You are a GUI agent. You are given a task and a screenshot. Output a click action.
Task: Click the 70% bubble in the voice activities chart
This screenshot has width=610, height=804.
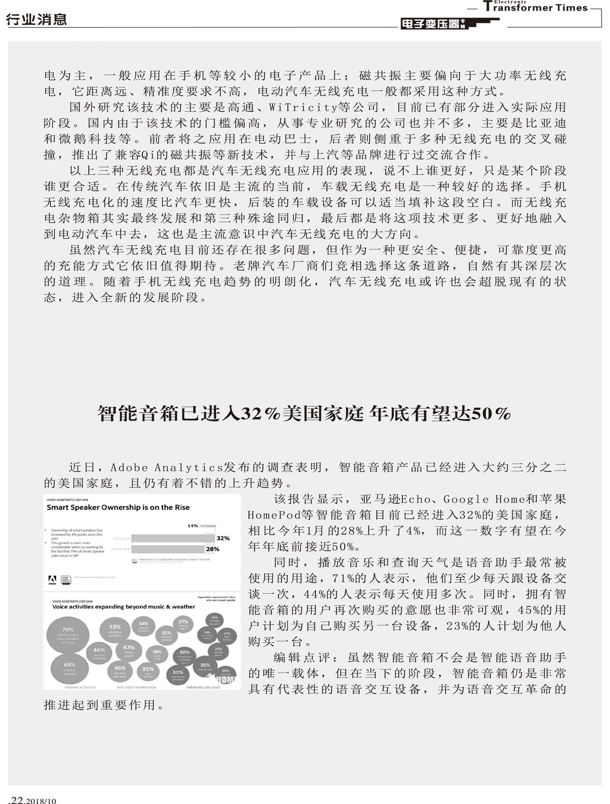[68, 635]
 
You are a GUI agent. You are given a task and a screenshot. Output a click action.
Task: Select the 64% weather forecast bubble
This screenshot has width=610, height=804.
[69, 668]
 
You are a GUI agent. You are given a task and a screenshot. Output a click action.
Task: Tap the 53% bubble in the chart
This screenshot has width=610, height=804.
[115, 630]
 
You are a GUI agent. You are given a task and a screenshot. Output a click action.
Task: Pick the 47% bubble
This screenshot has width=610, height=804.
[129, 650]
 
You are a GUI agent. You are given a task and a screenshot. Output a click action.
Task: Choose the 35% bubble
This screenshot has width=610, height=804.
[148, 671]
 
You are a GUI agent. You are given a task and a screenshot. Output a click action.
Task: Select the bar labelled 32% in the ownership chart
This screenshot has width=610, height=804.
[173, 538]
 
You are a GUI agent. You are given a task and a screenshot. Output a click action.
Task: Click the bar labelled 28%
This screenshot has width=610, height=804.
[168, 549]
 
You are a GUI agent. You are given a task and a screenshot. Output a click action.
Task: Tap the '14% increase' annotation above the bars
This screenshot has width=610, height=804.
[202, 526]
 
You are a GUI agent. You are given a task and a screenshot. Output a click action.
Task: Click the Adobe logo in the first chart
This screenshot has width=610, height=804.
[52, 580]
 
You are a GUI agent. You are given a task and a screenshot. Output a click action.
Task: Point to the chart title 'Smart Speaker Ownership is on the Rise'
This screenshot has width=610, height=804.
[118, 508]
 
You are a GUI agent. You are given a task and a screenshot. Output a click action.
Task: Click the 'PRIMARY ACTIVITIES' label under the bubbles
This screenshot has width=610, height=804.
[80, 687]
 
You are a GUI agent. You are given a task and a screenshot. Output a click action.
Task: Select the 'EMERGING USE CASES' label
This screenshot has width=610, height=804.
[203, 687]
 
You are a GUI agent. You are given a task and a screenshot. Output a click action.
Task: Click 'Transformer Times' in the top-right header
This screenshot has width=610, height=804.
[536, 8]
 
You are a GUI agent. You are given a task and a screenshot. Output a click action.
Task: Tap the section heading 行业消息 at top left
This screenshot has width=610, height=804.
[36, 19]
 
